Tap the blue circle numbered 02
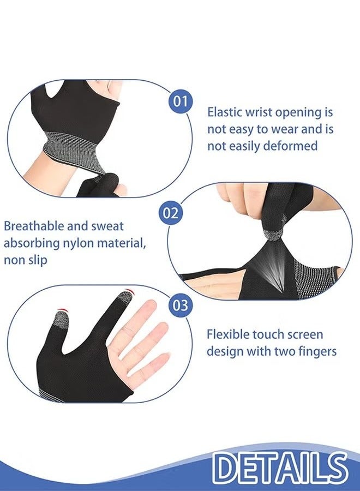point(171,212)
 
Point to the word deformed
point(290,146)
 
